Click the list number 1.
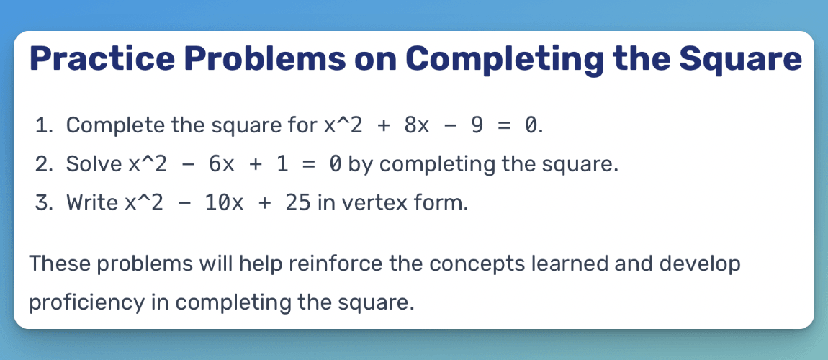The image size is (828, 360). [x=42, y=126]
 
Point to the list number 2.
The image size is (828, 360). [x=42, y=165]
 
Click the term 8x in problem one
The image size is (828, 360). [x=418, y=126]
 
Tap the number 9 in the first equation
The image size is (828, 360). [x=476, y=126]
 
